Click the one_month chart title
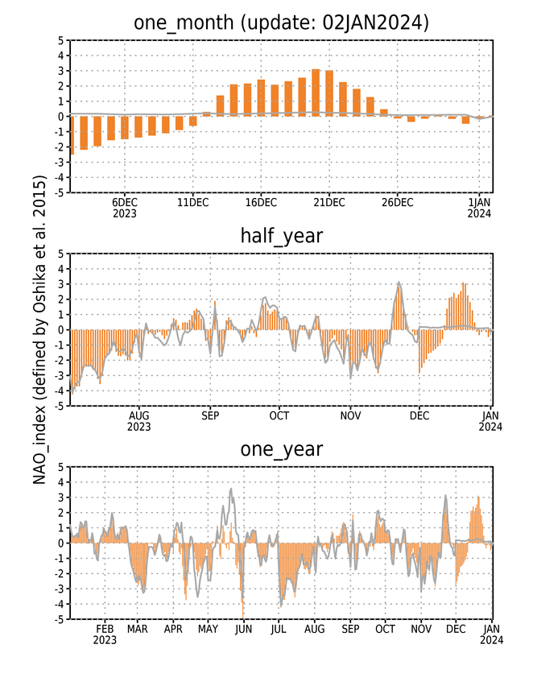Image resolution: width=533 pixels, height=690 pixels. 281,22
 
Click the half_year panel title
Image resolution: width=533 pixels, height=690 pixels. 281,236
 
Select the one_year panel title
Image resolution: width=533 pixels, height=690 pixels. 281,449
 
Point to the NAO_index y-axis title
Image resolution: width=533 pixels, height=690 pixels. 39,329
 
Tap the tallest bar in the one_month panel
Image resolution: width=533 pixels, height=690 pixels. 316,93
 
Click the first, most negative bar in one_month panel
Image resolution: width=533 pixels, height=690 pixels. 72,135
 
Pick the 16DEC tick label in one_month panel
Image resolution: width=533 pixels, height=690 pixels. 261,202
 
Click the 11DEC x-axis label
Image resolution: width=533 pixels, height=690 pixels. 192,202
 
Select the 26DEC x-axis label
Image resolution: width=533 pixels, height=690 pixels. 398,202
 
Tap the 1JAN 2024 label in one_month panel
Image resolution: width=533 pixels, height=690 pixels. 479,208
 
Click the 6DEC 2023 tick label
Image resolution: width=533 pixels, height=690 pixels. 125,208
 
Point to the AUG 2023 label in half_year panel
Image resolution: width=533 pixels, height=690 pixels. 139,421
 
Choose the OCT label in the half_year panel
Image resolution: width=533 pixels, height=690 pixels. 279,415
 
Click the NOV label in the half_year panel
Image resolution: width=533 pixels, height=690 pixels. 350,415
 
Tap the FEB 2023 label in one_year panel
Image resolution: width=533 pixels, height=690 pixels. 105,634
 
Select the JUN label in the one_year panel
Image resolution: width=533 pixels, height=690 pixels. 243,630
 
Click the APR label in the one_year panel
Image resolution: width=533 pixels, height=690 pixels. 173,630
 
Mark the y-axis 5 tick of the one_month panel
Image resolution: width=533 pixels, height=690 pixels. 60,40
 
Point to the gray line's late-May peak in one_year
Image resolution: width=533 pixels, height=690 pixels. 231,489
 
